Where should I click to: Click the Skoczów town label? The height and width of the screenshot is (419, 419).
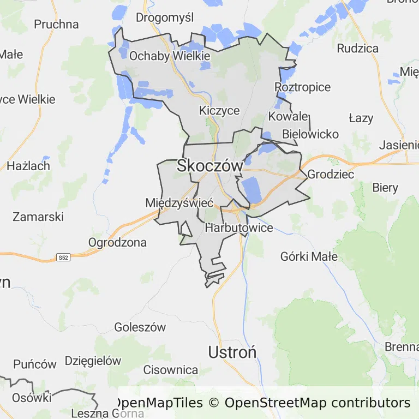click(x=209, y=166)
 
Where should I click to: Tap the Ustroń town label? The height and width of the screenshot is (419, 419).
click(x=232, y=352)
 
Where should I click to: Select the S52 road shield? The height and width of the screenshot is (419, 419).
click(x=63, y=257)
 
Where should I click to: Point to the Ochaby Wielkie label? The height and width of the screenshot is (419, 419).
click(x=170, y=56)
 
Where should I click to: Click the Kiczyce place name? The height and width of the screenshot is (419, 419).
click(x=219, y=110)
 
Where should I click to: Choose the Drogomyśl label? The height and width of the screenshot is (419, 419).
click(x=165, y=17)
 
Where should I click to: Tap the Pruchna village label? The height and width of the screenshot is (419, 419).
click(x=56, y=25)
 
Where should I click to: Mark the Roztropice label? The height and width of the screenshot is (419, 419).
click(x=303, y=87)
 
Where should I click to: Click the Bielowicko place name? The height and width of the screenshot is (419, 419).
click(x=310, y=134)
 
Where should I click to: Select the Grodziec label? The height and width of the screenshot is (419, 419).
click(x=331, y=175)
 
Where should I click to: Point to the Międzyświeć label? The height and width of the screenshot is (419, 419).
click(x=179, y=203)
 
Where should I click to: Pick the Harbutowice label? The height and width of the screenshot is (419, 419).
click(x=239, y=228)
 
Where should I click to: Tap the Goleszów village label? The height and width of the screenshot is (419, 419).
click(x=140, y=327)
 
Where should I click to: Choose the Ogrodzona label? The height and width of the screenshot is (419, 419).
click(x=117, y=242)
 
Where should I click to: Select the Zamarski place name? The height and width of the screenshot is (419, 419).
click(x=38, y=217)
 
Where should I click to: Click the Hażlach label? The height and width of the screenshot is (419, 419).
click(x=28, y=166)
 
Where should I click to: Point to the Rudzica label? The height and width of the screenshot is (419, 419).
click(x=357, y=48)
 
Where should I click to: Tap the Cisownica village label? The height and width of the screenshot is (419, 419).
click(x=171, y=370)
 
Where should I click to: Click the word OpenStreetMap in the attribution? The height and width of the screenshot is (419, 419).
click(x=276, y=403)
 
